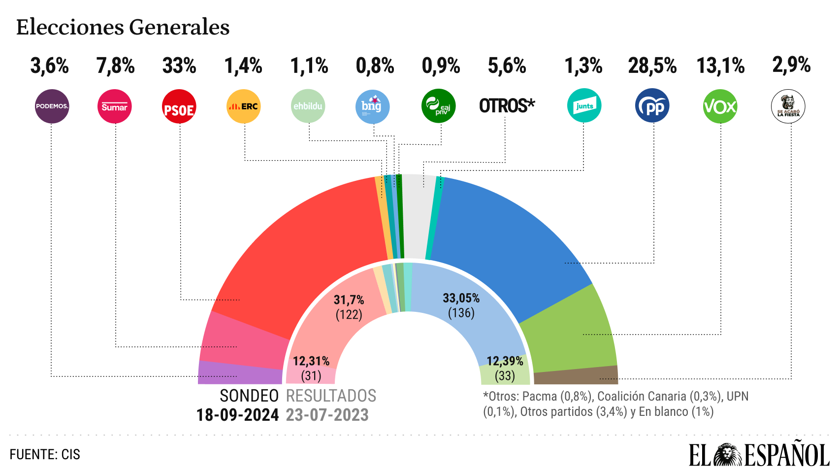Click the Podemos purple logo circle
tap(52, 106)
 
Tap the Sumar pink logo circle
tap(114, 106)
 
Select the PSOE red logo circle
tap(179, 106)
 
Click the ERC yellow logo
tap(243, 106)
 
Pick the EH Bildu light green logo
tap(308, 106)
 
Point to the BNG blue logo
tap(372, 106)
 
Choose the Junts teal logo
tap(584, 105)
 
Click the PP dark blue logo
tap(652, 105)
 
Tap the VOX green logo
tap(720, 106)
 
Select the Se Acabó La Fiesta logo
tap(788, 106)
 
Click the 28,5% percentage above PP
tap(652, 66)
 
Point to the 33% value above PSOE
tap(179, 66)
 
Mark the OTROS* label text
tap(507, 105)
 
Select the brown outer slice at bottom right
tap(576, 375)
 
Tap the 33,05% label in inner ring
tap(461, 298)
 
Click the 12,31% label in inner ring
tap(311, 361)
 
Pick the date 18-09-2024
tap(237, 415)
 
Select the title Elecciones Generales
tap(123, 27)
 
